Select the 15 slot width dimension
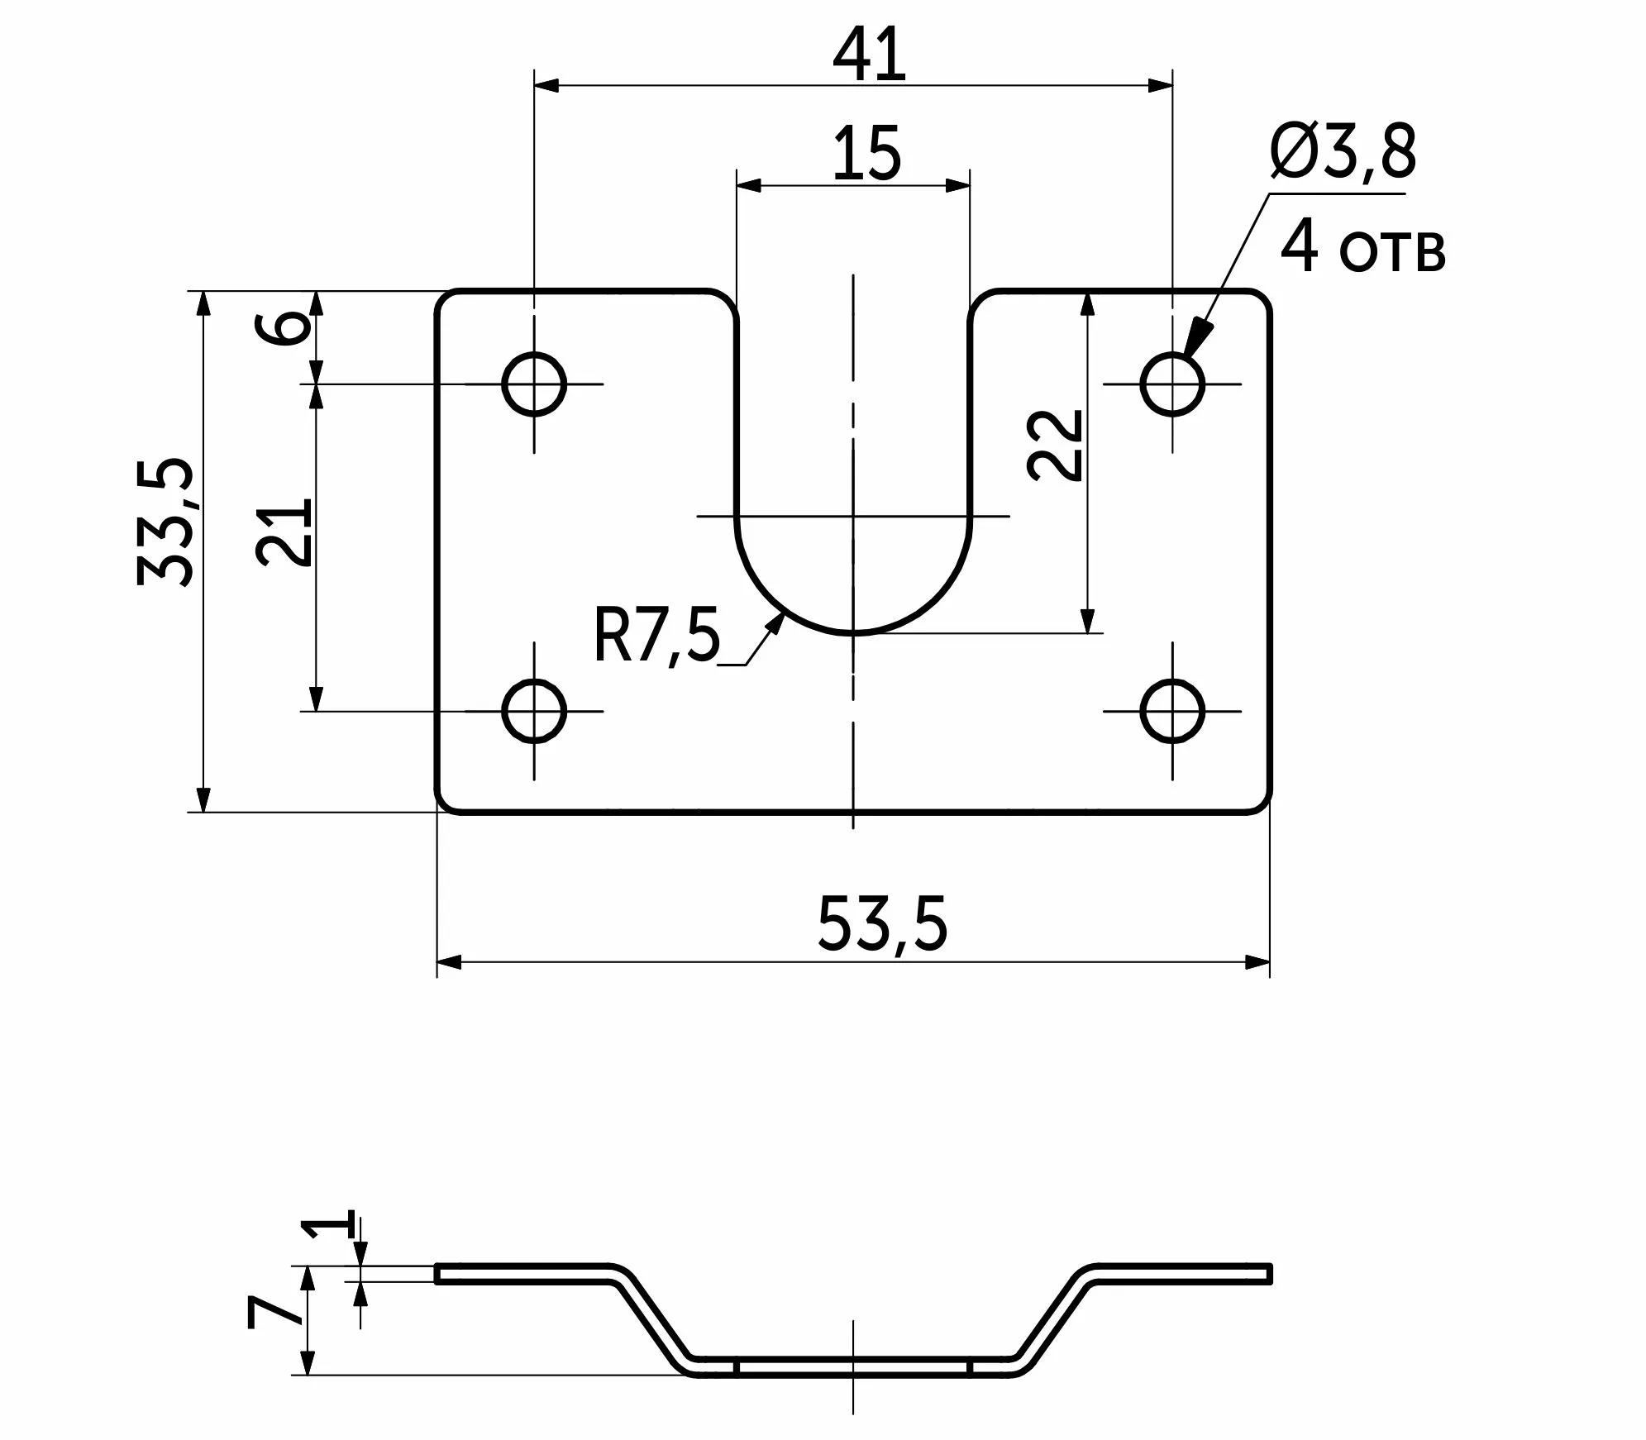click(866, 154)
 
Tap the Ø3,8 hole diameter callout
click(1343, 152)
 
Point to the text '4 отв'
click(1362, 248)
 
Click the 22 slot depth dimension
click(1055, 445)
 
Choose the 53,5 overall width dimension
click(881, 923)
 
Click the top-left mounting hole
click(534, 384)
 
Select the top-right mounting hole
click(1171, 384)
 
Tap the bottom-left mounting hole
click(534, 710)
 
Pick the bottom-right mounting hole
click(1171, 710)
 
